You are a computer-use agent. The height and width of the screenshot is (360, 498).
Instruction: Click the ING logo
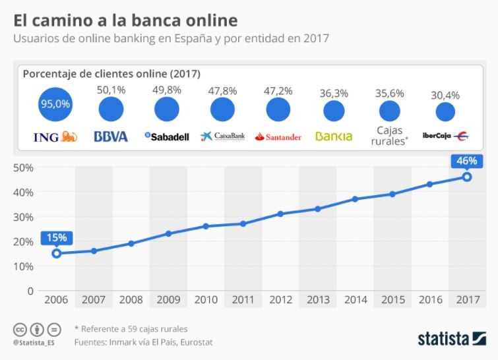click(55, 136)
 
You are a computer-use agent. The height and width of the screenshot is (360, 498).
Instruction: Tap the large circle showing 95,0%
click(55, 104)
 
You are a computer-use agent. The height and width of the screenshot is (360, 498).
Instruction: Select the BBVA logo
click(111, 136)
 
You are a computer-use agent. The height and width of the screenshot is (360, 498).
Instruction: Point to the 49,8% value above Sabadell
click(167, 90)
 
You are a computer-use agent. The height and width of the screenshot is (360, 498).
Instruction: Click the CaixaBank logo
click(222, 136)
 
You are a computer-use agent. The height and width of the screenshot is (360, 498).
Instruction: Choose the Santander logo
click(278, 136)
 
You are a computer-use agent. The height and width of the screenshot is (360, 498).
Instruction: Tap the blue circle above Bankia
click(334, 109)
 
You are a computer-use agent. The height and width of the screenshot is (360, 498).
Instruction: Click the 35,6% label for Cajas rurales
click(389, 94)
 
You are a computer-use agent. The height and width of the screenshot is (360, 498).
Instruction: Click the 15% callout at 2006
click(56, 237)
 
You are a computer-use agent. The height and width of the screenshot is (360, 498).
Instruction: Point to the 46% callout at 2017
click(466, 160)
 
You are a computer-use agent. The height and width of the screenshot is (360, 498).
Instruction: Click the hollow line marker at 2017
click(466, 177)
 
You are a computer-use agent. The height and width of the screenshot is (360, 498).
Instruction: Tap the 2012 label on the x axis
click(280, 300)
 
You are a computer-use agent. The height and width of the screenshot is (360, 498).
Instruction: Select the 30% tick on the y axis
click(24, 217)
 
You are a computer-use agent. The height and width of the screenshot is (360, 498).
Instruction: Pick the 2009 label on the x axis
click(168, 300)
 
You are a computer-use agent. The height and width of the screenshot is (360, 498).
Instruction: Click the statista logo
click(452, 339)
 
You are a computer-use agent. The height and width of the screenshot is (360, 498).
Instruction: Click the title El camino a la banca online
click(125, 20)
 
